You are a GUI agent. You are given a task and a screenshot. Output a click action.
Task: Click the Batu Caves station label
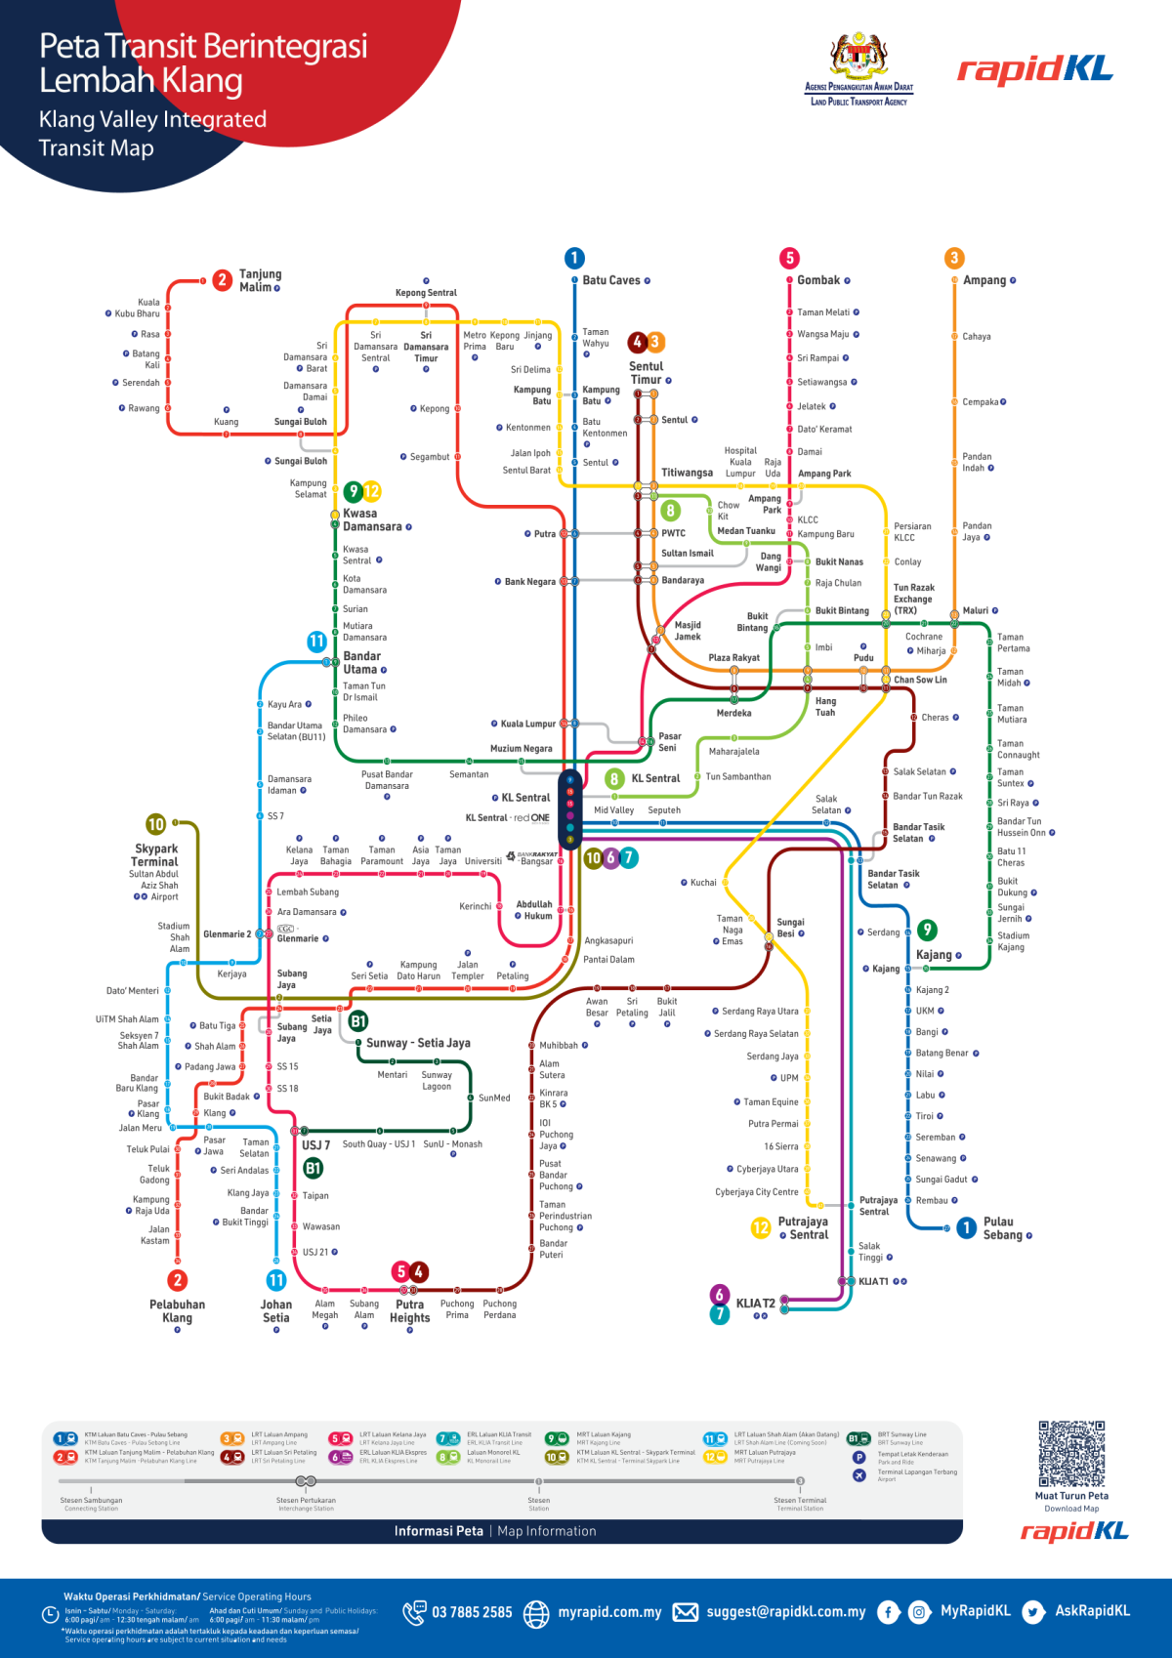[x=611, y=280]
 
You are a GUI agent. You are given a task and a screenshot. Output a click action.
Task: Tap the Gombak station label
[x=818, y=280]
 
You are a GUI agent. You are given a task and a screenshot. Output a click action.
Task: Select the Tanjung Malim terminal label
[x=260, y=280]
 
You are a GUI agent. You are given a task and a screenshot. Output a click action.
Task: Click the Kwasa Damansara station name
[x=372, y=519]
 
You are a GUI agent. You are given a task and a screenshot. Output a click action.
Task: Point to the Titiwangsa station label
[x=687, y=473]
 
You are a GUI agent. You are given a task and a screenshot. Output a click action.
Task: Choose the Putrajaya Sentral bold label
[x=803, y=1228]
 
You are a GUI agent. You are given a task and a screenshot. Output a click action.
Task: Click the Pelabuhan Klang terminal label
[x=177, y=1310]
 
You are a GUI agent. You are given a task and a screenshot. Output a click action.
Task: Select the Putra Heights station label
[x=409, y=1310]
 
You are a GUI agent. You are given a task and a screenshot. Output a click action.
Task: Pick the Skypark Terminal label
[x=155, y=855]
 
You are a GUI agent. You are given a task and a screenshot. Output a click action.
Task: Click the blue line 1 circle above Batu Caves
[x=574, y=258]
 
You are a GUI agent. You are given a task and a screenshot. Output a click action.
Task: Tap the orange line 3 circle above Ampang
[x=954, y=258]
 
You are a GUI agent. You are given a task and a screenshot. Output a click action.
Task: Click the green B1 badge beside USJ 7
[x=313, y=1168]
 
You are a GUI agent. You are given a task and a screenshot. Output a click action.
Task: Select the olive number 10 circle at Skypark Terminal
[x=155, y=824]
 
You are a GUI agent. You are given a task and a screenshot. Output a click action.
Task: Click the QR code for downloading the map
[x=1071, y=1454]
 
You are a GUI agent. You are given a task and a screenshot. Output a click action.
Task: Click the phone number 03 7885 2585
[x=472, y=1612]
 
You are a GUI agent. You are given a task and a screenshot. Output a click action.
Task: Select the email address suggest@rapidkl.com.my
[x=785, y=1612]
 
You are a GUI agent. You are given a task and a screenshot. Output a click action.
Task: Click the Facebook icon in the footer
[x=888, y=1612]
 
